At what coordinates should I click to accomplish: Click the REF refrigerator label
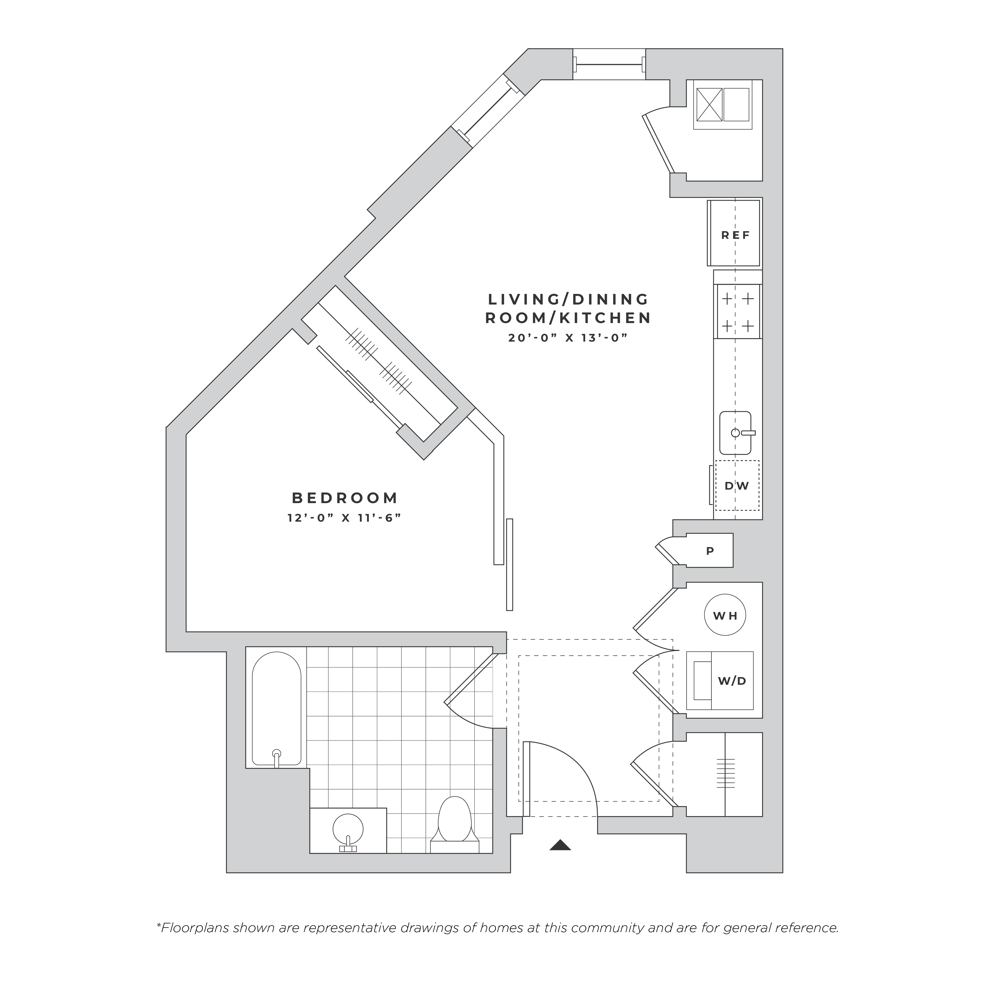[x=736, y=235]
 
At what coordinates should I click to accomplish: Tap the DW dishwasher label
[x=736, y=486]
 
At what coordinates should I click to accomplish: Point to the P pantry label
[x=710, y=551]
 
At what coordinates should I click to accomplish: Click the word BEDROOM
[x=345, y=498]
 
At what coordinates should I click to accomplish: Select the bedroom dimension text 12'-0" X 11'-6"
[x=344, y=518]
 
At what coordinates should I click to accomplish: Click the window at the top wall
[x=609, y=64]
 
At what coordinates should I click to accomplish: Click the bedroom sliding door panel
[x=509, y=564]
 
